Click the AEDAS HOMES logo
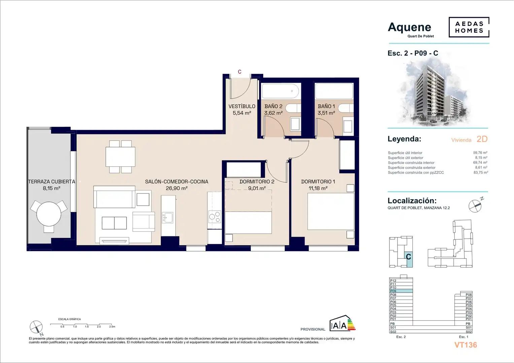[x=469, y=27]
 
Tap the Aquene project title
[x=409, y=28]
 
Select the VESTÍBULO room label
[x=242, y=106]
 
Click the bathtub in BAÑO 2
[x=280, y=91]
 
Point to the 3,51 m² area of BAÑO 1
[x=326, y=113]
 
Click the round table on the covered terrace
[x=49, y=214]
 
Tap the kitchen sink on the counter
[x=168, y=217]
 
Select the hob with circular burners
[x=214, y=216]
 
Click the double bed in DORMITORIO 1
[x=331, y=211]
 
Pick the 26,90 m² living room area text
[x=176, y=188]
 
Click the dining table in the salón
[x=120, y=157]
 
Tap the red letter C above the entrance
[x=240, y=72]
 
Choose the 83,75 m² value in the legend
[x=481, y=172]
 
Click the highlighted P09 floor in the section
[x=401, y=291]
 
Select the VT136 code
[x=466, y=345]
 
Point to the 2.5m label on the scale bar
[x=112, y=327]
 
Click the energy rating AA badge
[x=342, y=323]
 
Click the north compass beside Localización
[x=475, y=206]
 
